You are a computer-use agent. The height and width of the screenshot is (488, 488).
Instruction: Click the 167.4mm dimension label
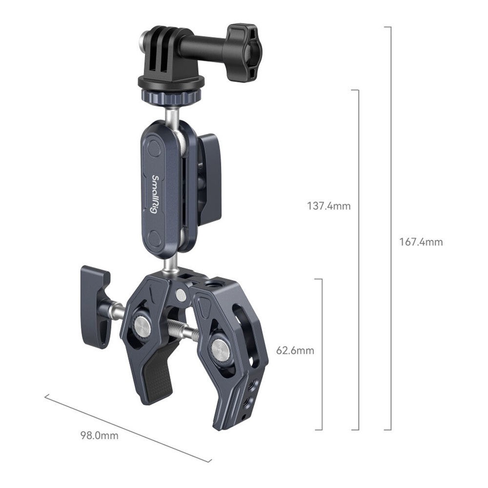coord(421,242)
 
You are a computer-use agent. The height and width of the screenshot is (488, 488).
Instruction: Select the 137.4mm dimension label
coord(328,206)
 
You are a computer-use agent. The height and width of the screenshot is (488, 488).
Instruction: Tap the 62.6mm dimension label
coord(295,350)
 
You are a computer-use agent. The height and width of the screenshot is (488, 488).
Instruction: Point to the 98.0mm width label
coord(100,435)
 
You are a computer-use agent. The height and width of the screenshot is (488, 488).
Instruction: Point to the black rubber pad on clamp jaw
coord(158,371)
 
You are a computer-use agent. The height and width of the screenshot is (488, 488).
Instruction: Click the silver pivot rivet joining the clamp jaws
coord(181,294)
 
